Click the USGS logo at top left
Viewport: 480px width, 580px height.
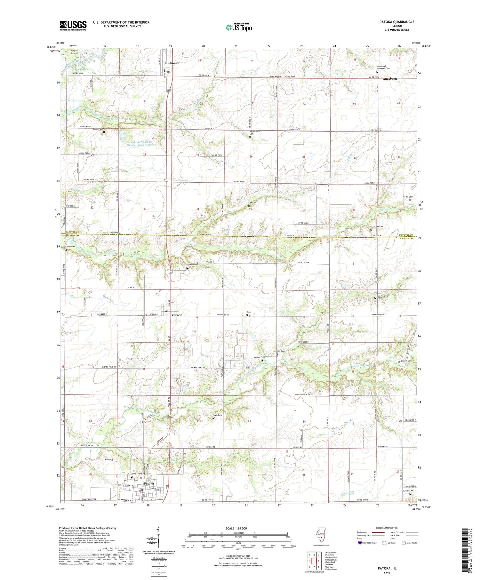tap(73, 26)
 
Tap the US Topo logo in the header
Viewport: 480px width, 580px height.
tap(238, 28)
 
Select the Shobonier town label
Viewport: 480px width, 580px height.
tap(172, 63)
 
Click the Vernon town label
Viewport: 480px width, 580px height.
tap(177, 315)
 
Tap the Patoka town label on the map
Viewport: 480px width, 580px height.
tap(149, 483)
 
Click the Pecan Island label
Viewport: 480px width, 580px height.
tap(74, 52)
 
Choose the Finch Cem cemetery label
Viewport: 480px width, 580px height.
tap(217, 415)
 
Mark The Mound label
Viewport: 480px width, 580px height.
tap(276, 77)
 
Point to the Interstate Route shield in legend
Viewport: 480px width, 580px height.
tap(360, 543)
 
